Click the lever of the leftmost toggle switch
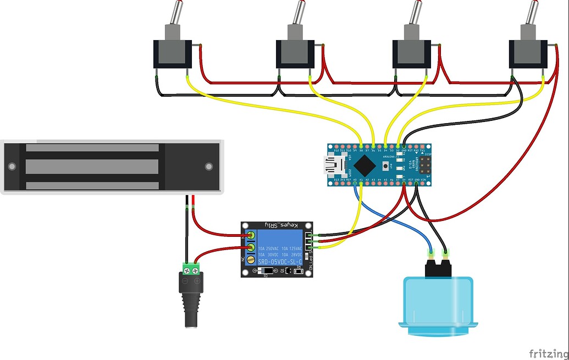click(x=174, y=12)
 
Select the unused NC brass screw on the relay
click(x=251, y=259)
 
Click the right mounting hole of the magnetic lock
click(x=208, y=166)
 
